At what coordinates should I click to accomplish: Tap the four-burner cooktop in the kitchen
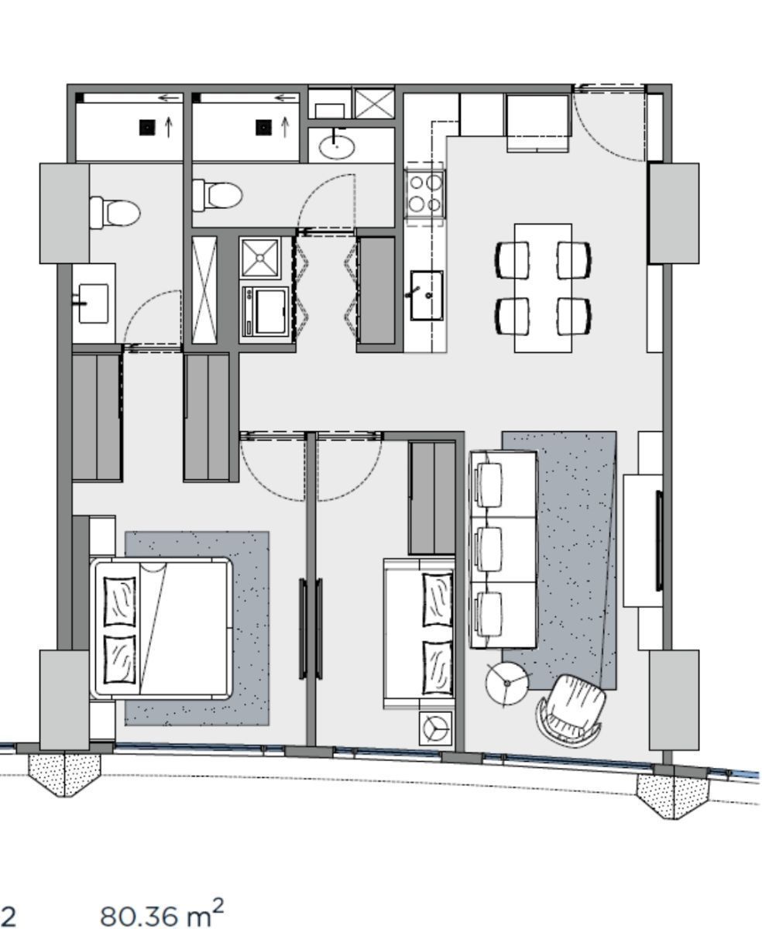tap(425, 194)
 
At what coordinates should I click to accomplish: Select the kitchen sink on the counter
tap(427, 295)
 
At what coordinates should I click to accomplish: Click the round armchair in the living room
tap(570, 710)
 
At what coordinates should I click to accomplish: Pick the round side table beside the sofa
tap(507, 683)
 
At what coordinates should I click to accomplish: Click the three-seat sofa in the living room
tap(503, 550)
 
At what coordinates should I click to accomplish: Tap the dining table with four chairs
tap(543, 288)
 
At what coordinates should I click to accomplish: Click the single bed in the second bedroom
tap(418, 633)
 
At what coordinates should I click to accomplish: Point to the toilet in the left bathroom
tap(115, 212)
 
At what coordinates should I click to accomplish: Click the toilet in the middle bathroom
tap(218, 194)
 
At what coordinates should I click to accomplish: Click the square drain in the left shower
tap(147, 127)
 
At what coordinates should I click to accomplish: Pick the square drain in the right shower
tap(263, 127)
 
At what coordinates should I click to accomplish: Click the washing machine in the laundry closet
tap(264, 314)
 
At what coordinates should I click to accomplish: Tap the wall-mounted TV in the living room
tap(659, 540)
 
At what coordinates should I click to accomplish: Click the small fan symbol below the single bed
tap(435, 728)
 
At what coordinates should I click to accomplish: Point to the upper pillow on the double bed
tap(119, 601)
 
